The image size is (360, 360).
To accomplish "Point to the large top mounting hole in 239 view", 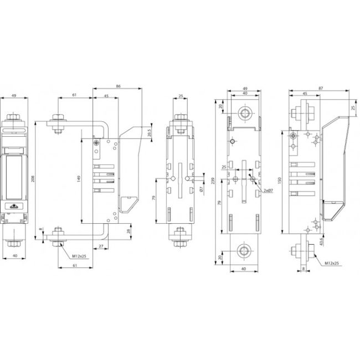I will (244, 114).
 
